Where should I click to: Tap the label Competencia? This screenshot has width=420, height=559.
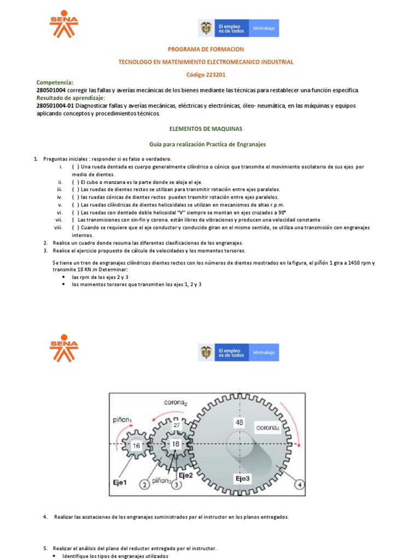pyautogui.click(x=54, y=82)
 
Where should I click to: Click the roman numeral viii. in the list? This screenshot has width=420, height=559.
pyautogui.click(x=58, y=227)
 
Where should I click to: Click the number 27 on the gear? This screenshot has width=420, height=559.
pyautogui.click(x=176, y=425)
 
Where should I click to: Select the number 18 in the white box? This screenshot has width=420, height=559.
pyautogui.click(x=176, y=444)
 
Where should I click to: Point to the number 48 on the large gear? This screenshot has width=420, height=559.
pyautogui.click(x=240, y=422)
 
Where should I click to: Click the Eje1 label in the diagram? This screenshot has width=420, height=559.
pyautogui.click(x=120, y=482)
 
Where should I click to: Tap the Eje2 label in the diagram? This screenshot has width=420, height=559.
pyautogui.click(x=185, y=475)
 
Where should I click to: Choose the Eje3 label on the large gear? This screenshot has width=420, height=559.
pyautogui.click(x=243, y=478)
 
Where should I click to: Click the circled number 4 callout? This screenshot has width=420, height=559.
pyautogui.click(x=299, y=484)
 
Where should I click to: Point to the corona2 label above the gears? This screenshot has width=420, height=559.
pyautogui.click(x=176, y=403)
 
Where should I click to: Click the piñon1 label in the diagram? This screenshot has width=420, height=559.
pyautogui.click(x=122, y=419)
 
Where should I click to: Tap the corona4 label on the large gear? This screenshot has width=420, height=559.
pyautogui.click(x=268, y=428)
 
